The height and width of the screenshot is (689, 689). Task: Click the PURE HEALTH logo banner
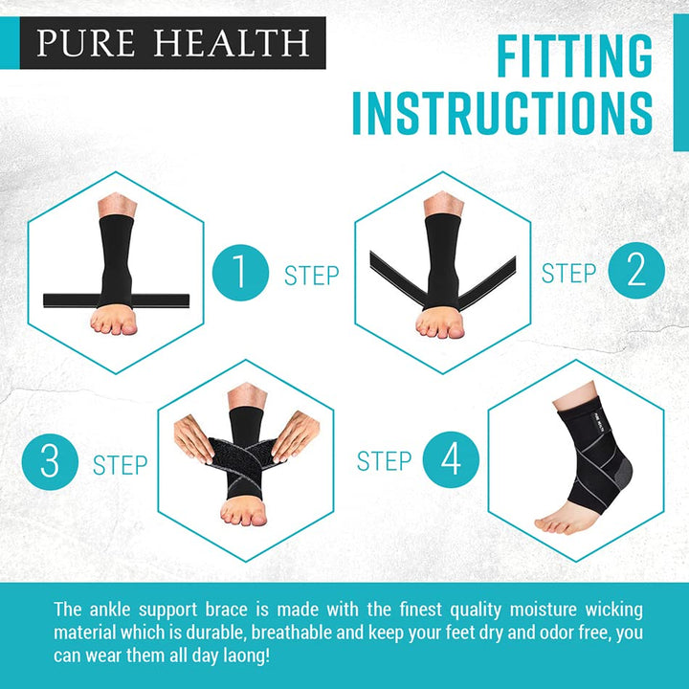tap(172, 43)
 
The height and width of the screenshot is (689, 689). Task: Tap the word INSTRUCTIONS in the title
tap(502, 113)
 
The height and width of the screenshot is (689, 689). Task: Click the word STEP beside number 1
tap(312, 276)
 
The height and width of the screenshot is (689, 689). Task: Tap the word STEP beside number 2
tap(569, 273)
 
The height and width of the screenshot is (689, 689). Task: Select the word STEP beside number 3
tap(121, 466)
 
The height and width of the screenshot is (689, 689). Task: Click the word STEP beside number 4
tap(385, 461)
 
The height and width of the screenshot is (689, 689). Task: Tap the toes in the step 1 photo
tap(115, 323)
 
